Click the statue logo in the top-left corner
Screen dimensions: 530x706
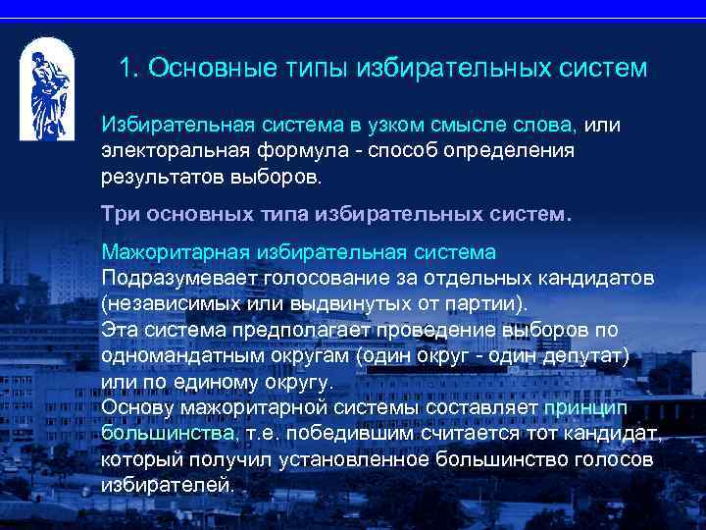click(x=46, y=88)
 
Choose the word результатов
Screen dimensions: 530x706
click(x=162, y=179)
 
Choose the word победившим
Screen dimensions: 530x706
click(x=351, y=433)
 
